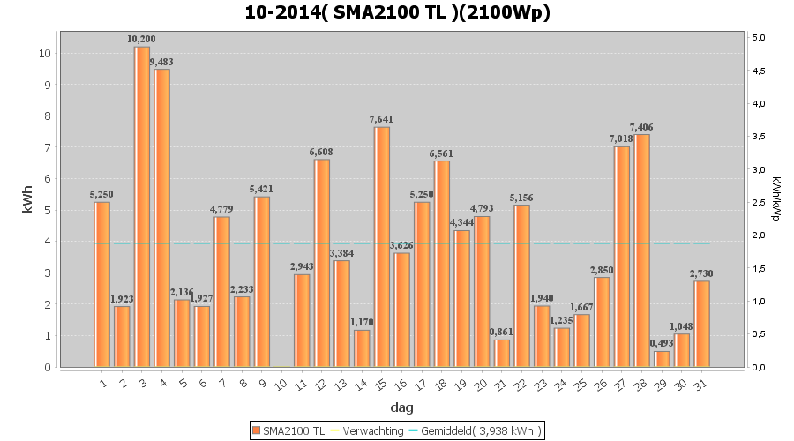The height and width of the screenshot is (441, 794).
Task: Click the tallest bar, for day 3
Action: coord(142,206)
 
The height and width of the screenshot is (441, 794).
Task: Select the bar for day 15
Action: coord(382,247)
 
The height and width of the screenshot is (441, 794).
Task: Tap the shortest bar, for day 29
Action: coord(662,359)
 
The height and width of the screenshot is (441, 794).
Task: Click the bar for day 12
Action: coord(322,263)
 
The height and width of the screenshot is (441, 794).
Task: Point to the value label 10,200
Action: coord(141,39)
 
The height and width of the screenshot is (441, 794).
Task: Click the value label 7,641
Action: coord(382,119)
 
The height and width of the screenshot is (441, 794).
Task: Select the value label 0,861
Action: coord(502,332)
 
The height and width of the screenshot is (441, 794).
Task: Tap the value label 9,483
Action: coord(161,62)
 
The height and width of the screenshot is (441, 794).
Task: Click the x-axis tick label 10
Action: coord(281,384)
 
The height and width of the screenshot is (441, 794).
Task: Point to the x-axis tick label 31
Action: coord(701,384)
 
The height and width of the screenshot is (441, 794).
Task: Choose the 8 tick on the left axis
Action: coord(46,116)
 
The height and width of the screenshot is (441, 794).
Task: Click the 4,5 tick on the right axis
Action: coord(757,71)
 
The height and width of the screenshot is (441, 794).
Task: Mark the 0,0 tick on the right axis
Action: coord(757,367)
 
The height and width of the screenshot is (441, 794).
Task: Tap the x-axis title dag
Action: coord(401,408)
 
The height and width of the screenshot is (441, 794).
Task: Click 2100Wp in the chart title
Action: coord(511,13)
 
